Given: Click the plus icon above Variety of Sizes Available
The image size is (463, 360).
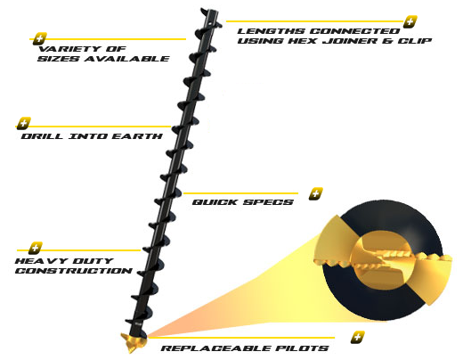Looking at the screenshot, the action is (40, 38).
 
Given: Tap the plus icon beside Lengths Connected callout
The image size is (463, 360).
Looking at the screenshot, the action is (410, 21).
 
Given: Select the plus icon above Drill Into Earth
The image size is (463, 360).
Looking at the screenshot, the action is (24, 123).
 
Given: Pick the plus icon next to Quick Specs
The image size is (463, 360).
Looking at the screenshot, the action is (315, 194).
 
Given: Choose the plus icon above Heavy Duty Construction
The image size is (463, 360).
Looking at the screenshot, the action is (36, 248).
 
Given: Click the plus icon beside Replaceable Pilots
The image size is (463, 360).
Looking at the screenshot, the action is (358, 338).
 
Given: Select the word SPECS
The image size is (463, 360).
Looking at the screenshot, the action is (268, 202).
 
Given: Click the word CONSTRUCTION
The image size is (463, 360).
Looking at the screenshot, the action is (74, 271).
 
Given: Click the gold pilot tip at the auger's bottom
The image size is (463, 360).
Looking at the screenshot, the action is (134, 342).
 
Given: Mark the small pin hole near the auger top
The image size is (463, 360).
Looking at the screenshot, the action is (210, 22).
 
